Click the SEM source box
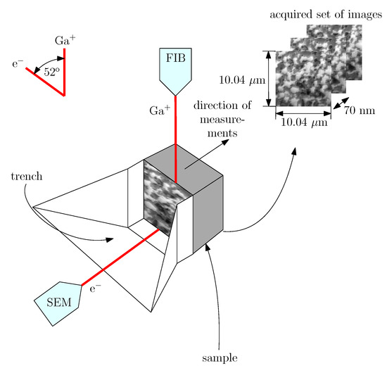click(57, 304)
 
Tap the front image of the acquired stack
click(303, 78)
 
